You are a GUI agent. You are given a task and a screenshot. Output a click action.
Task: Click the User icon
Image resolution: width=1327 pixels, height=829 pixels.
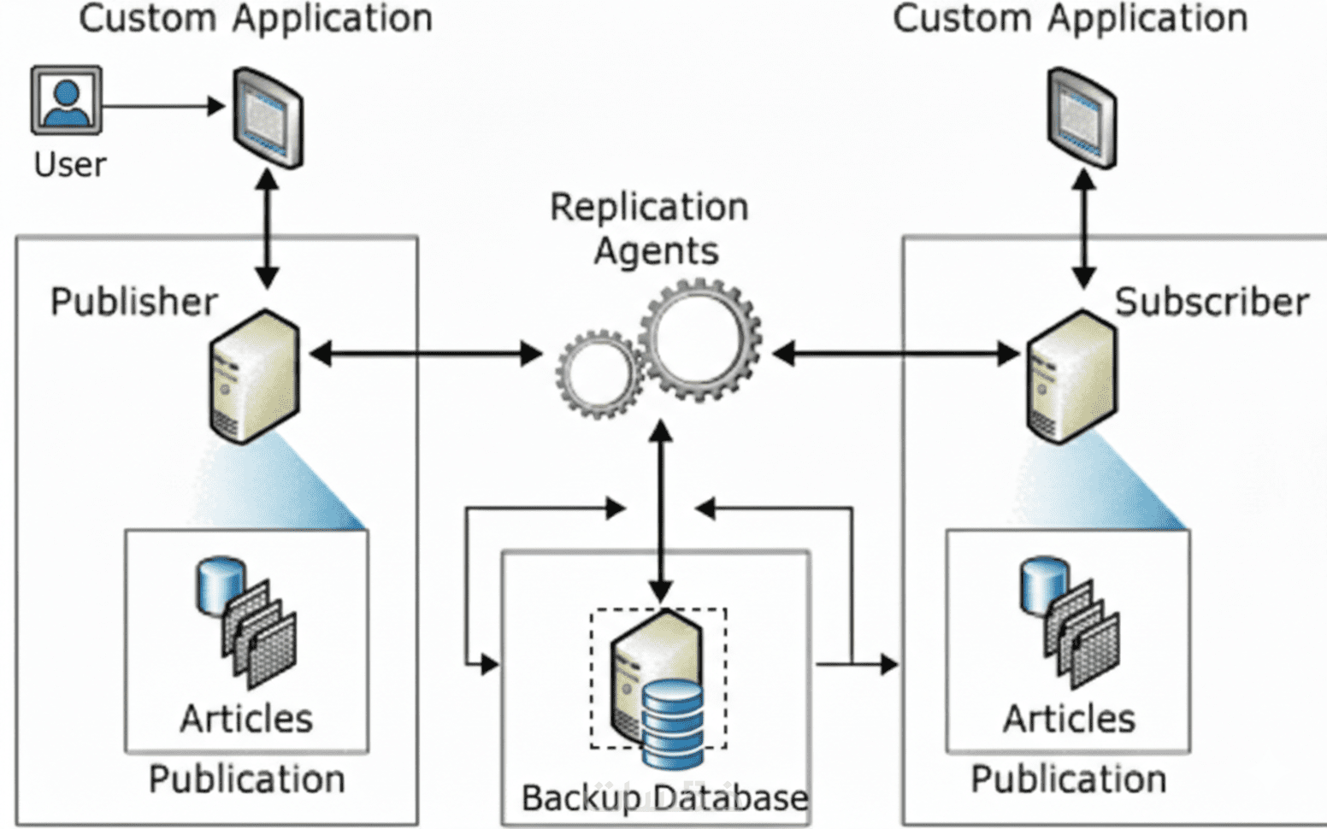tap(66, 100)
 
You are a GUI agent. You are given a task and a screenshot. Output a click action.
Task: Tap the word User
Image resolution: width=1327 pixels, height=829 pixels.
tap(69, 164)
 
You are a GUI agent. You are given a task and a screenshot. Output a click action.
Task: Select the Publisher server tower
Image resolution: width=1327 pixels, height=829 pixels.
tap(254, 376)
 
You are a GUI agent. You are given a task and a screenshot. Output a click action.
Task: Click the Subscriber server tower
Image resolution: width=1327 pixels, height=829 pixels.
tap(1070, 376)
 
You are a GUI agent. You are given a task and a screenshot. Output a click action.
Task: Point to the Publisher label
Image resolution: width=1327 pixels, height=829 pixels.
tap(133, 302)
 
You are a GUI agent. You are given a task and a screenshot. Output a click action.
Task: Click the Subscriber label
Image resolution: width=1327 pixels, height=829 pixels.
tap(1211, 302)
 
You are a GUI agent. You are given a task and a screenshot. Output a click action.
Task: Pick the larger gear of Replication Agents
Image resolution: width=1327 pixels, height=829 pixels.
tap(699, 339)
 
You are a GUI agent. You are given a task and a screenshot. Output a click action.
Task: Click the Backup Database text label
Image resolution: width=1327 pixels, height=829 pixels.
tap(664, 797)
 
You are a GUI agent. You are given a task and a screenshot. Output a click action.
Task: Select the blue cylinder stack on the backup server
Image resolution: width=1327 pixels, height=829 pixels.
tap(673, 722)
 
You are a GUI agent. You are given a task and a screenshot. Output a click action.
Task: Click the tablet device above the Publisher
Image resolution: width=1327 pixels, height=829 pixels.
tap(268, 117)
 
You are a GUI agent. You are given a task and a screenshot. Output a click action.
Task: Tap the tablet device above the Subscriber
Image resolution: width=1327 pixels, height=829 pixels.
tap(1082, 117)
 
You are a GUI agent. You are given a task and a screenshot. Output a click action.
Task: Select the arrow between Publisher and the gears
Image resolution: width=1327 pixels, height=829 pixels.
tap(425, 353)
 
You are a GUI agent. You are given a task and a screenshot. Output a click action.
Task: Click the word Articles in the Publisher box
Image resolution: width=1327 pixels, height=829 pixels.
tap(246, 719)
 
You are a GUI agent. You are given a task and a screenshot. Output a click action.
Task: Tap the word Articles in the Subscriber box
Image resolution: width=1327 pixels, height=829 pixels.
tap(1069, 719)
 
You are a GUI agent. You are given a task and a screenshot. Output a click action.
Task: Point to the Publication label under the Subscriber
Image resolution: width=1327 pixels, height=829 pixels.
tap(1068, 779)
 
